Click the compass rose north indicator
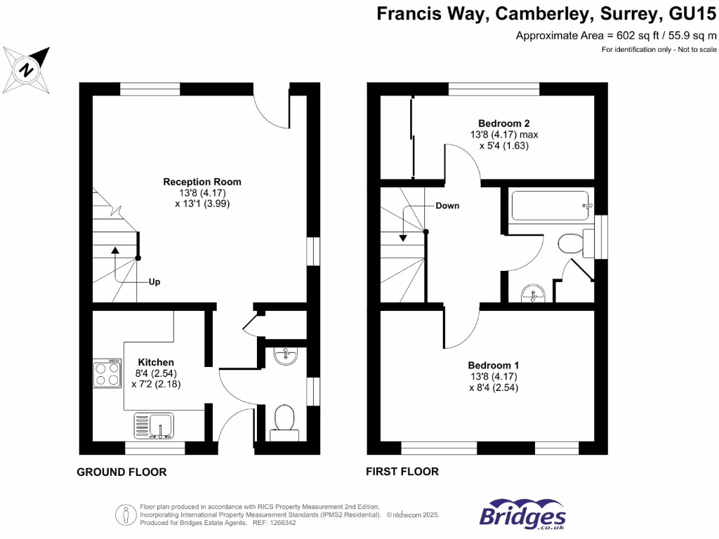[x=27, y=69]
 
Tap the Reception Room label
[x=194, y=180]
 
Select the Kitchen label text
[x=156, y=362]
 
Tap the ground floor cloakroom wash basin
[x=286, y=356]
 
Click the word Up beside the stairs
[x=154, y=282]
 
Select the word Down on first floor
[x=447, y=206]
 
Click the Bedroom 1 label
[x=494, y=366]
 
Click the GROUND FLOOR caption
[x=121, y=472]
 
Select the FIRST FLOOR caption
[x=402, y=472]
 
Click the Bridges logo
[x=523, y=515]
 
